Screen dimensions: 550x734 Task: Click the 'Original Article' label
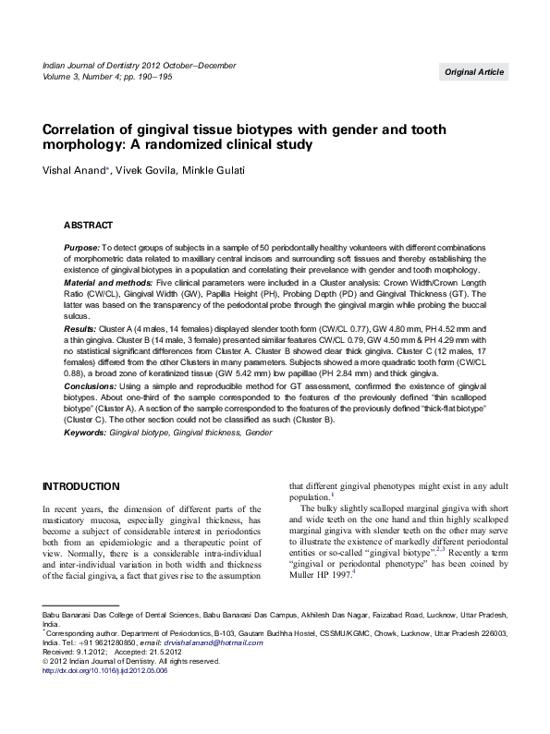pyautogui.click(x=473, y=71)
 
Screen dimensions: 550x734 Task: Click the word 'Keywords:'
pyautogui.click(x=85, y=432)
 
